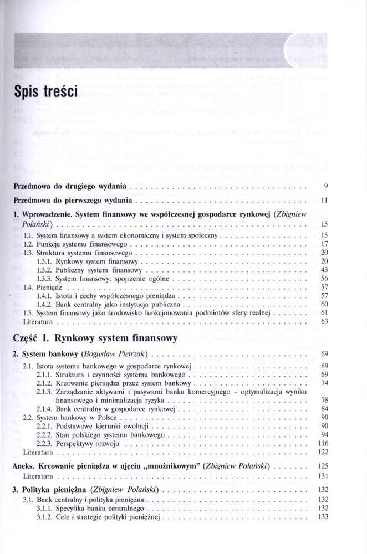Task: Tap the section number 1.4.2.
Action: (x=44, y=305)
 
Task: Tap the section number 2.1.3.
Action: (x=44, y=392)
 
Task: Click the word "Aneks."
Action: (x=24, y=466)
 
